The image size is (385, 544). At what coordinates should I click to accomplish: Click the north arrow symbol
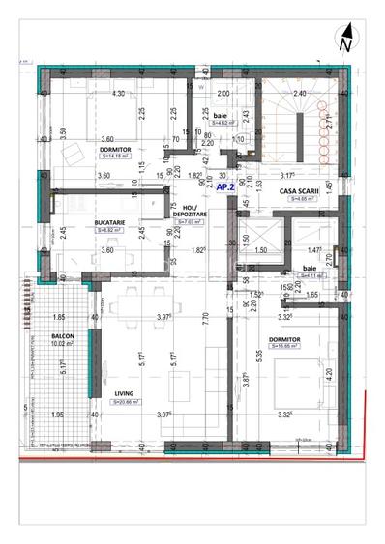coord(345,40)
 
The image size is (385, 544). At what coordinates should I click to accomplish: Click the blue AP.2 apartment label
coord(225,187)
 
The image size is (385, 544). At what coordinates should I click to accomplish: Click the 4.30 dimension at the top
coord(119,93)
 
